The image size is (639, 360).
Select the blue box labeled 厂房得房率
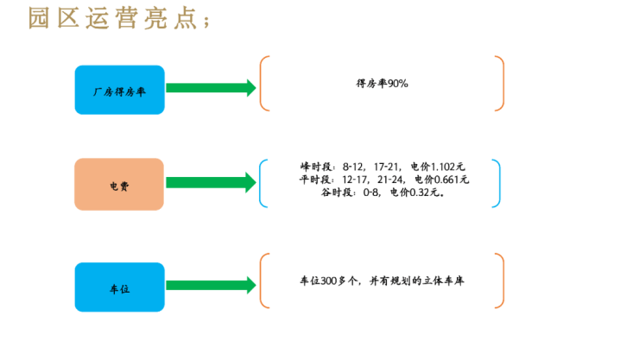pos(119,89)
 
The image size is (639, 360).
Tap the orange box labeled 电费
pos(119,185)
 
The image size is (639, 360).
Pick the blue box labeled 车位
pos(119,287)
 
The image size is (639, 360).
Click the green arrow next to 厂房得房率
pos(211,88)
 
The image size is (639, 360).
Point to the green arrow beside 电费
pos(211,183)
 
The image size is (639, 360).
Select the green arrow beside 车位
pos(211,286)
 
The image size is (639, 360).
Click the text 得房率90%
pos(382,84)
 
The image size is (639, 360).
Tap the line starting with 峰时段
pos(382,166)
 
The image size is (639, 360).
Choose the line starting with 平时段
pos(382,179)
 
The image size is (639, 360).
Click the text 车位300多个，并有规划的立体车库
pos(382,281)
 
